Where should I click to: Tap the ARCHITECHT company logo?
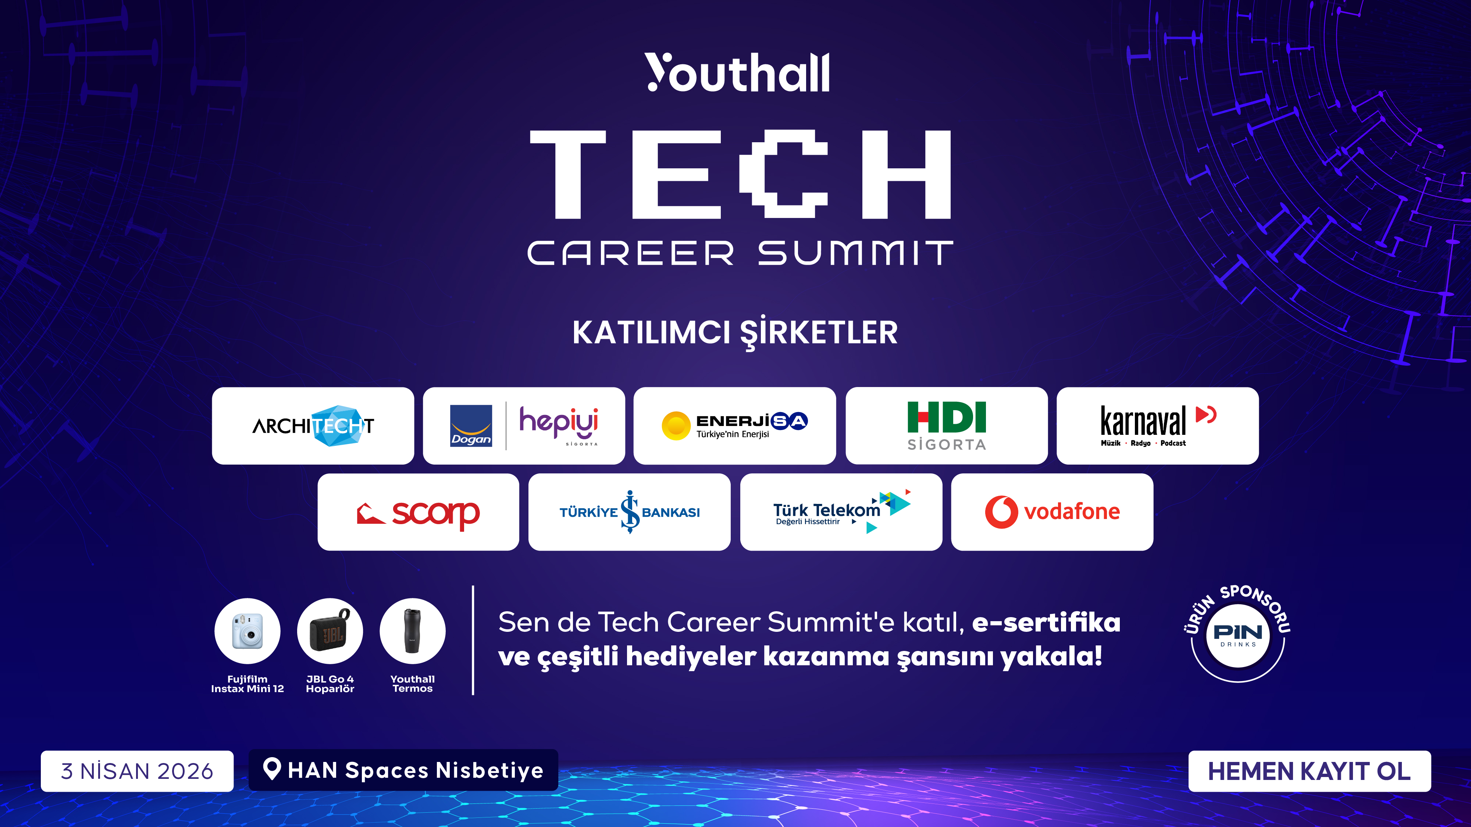[313, 426]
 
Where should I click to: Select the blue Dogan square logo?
[471, 426]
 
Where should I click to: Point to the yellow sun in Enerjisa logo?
[676, 426]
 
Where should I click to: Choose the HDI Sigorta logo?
[946, 426]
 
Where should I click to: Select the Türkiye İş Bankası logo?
[629, 512]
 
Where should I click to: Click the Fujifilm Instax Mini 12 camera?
[247, 631]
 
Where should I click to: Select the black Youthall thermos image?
[412, 631]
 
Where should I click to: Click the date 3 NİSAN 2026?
[137, 771]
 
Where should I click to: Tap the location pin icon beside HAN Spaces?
[272, 769]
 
